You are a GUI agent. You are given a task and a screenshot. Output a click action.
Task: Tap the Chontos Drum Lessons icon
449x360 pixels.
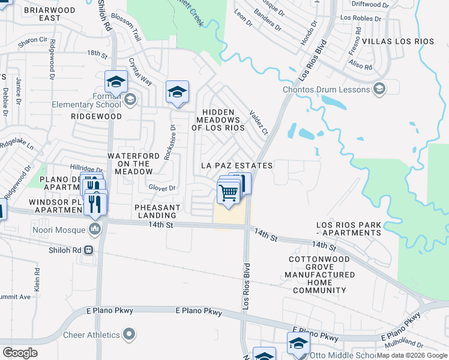(x=379, y=90)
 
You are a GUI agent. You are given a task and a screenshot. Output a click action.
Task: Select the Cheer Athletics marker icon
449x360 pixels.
(x=128, y=334)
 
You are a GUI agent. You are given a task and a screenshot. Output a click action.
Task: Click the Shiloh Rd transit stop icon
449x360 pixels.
(x=89, y=250)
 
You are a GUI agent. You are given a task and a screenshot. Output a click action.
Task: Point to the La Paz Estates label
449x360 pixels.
(x=237, y=166)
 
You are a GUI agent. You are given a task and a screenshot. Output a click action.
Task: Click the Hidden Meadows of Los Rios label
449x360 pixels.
(x=218, y=120)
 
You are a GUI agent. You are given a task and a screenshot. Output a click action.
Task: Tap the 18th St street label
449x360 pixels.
(x=97, y=53)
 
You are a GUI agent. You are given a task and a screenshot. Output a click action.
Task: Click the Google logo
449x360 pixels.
(x=20, y=352)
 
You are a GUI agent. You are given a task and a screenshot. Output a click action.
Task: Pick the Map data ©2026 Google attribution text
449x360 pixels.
(x=411, y=355)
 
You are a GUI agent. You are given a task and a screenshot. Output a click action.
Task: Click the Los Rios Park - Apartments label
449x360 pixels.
(x=349, y=229)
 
